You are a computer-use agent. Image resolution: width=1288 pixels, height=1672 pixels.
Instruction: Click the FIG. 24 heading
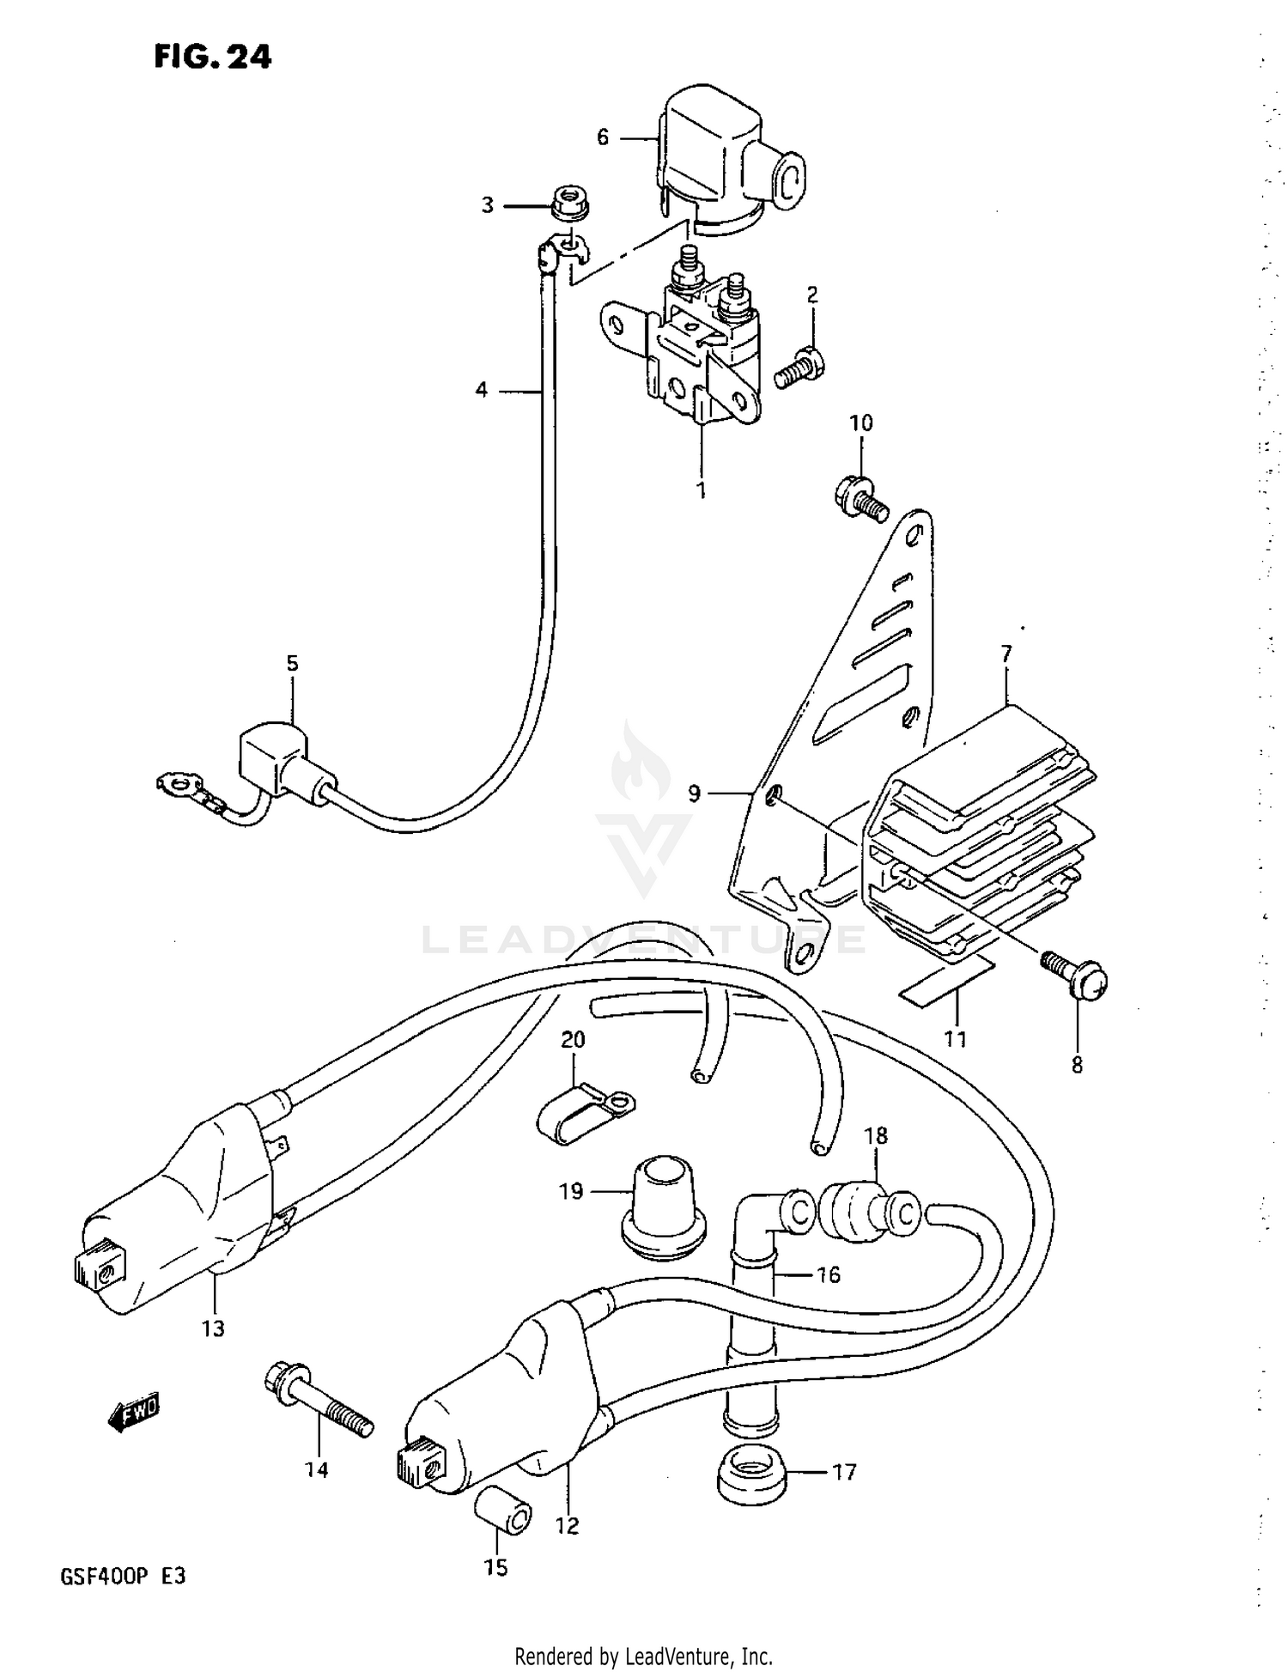click(212, 57)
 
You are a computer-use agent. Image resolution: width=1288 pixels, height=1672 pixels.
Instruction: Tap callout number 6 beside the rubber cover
click(603, 137)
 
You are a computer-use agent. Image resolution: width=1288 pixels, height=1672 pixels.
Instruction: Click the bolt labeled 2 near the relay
click(799, 368)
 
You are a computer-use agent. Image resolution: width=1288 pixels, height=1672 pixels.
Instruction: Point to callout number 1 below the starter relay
click(702, 490)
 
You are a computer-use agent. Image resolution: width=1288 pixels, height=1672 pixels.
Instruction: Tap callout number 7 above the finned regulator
click(1005, 654)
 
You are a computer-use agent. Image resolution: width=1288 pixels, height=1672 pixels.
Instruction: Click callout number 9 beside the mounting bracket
click(694, 793)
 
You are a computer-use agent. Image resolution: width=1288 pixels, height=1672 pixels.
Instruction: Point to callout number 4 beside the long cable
click(481, 391)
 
